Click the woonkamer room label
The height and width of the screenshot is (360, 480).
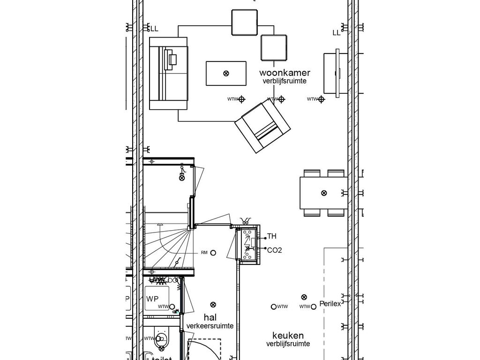click(x=285, y=73)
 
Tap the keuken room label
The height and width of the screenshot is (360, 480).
click(x=288, y=336)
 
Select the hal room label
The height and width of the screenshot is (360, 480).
click(x=210, y=318)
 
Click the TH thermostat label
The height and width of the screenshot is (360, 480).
click(x=272, y=237)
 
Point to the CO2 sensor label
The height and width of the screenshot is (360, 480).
click(x=274, y=250)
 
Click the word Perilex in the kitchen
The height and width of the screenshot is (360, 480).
click(x=330, y=304)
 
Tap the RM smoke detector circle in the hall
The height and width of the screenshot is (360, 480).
click(x=213, y=253)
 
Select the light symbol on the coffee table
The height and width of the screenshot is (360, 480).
click(x=226, y=73)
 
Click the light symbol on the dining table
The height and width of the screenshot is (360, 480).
click(x=324, y=193)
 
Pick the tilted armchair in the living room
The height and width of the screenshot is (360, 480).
click(x=262, y=127)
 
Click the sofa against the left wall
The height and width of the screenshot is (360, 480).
click(x=168, y=73)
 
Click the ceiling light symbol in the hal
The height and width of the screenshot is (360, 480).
click(x=213, y=304)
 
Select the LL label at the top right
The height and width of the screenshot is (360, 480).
click(x=337, y=33)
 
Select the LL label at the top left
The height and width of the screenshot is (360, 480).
click(x=154, y=29)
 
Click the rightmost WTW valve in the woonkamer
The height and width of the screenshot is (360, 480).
click(x=321, y=99)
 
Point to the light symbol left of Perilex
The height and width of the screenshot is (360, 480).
click(x=304, y=297)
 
